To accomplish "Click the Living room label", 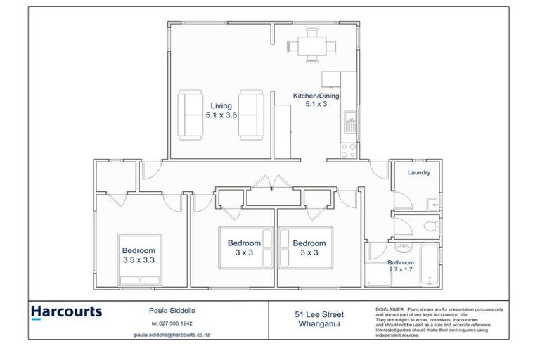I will [221, 105].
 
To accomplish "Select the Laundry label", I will [418, 172].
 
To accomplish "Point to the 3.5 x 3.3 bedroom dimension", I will [139, 260].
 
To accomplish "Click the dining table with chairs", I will [311, 47].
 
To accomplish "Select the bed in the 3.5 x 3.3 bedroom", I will [139, 260].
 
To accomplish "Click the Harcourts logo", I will [67, 312].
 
